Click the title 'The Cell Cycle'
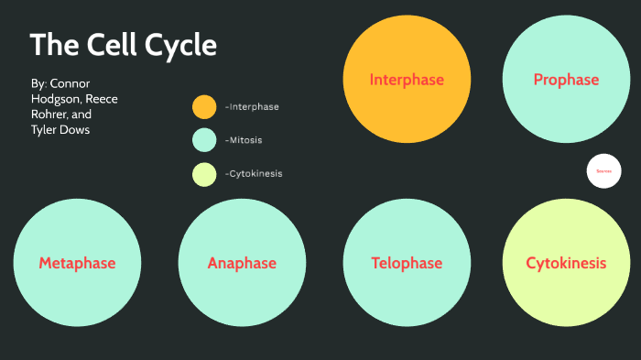click(124, 45)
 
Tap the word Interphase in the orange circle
click(407, 80)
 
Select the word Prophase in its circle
click(566, 80)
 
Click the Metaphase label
click(77, 264)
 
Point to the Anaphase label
click(242, 264)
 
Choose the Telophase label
click(407, 264)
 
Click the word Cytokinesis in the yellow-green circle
click(566, 264)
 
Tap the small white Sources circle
click(603, 171)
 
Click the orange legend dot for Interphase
click(204, 107)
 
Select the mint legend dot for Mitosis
click(204, 140)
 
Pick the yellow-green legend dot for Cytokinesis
click(204, 173)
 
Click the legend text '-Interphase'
click(252, 107)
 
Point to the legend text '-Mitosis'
click(244, 140)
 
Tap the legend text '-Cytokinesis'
click(254, 173)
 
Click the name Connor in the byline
click(71, 83)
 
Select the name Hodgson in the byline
click(54, 99)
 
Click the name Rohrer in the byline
click(52, 115)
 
